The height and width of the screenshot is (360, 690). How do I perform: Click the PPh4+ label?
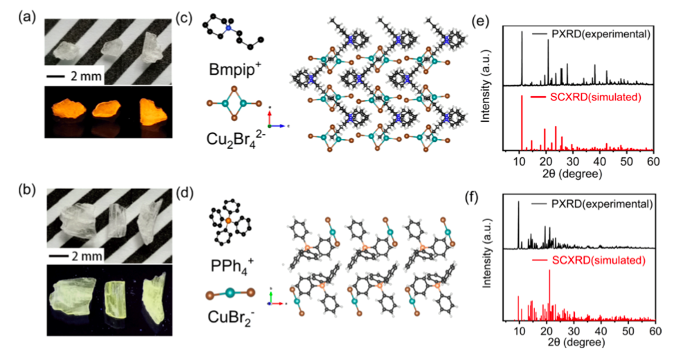pos(226,263)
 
